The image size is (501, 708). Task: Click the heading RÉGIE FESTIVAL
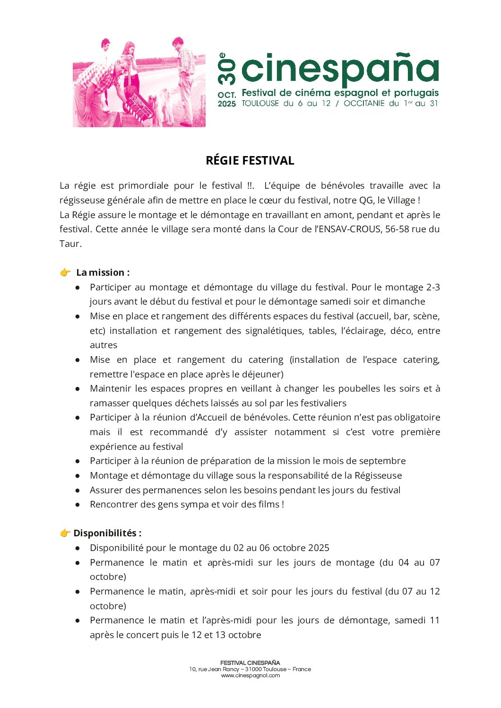250,161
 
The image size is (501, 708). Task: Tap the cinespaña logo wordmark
340,69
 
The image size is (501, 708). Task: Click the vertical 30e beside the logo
226,69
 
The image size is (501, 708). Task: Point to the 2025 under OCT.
227,104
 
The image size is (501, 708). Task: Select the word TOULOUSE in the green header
260,103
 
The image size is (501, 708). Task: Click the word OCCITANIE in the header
364,103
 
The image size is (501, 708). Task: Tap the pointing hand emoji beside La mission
65,272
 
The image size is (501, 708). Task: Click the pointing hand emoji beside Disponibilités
65,533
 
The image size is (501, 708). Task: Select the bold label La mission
103,272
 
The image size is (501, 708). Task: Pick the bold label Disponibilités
107,533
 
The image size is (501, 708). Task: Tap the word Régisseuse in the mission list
378,475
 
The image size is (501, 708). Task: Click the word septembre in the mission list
382,461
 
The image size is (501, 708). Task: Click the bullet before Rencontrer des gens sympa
78,505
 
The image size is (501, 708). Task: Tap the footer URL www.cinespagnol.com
250,675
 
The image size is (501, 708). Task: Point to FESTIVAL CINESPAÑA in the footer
250,663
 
